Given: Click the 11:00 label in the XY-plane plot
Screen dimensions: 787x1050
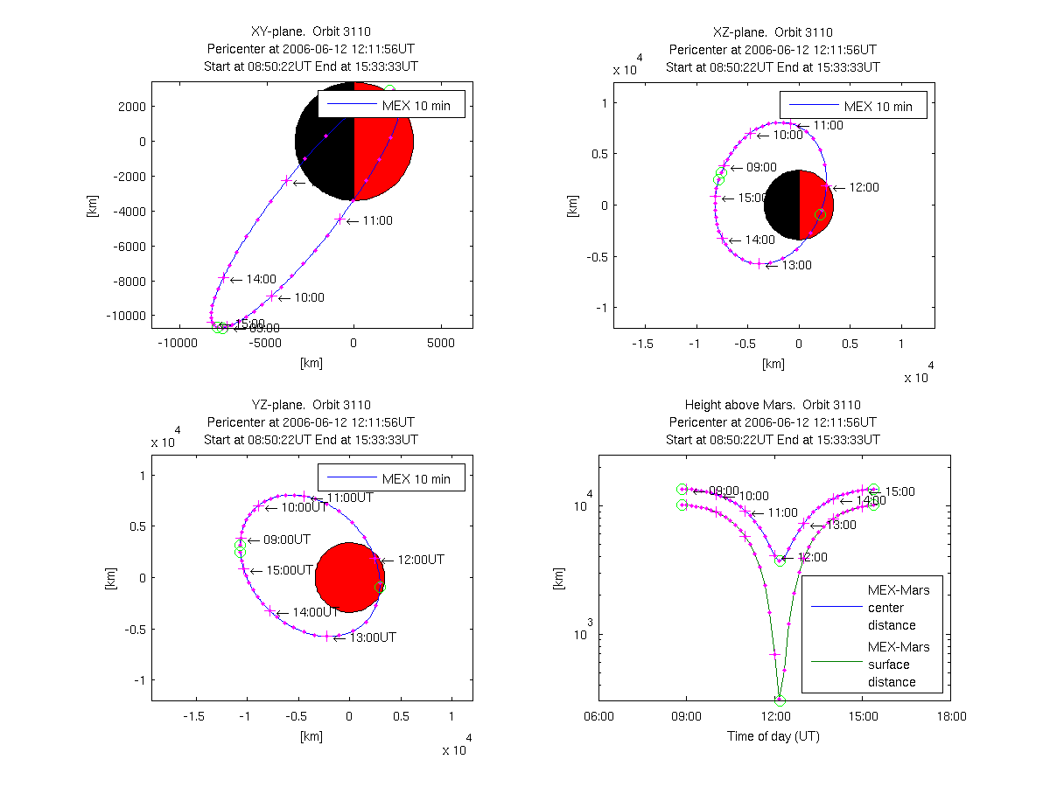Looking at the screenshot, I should (377, 221).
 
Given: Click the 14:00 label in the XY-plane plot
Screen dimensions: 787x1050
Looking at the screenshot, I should (261, 279).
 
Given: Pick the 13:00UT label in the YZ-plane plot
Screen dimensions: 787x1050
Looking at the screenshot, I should (373, 637).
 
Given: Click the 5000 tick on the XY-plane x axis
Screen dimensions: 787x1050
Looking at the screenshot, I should (441, 344).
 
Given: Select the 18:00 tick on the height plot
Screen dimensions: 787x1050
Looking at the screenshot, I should (951, 716).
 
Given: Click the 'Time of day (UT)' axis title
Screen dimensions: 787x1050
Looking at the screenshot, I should (773, 736).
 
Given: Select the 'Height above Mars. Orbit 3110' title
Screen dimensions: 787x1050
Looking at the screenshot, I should (773, 405).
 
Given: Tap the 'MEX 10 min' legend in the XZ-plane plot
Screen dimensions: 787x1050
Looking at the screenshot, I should (852, 107).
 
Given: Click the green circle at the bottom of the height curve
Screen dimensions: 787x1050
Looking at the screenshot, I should (780, 700).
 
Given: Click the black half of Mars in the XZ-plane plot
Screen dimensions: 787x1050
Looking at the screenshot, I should (781, 205).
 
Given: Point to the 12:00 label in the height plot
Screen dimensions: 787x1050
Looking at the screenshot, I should (810, 557).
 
